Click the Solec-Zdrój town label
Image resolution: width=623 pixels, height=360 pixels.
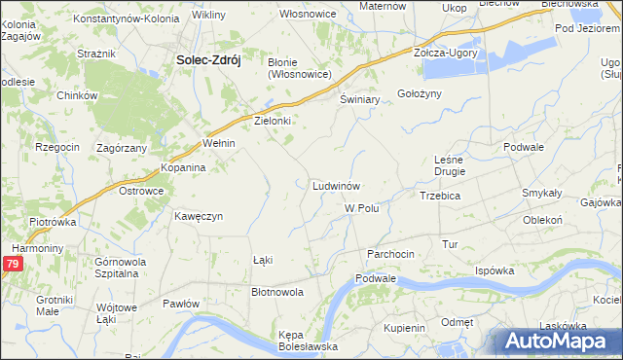point(208,59)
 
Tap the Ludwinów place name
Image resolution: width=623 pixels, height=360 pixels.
point(338,185)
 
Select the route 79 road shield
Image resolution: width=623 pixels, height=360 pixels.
point(12,264)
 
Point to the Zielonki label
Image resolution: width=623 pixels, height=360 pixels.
point(274,122)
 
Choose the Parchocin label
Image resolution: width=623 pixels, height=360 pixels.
point(390,254)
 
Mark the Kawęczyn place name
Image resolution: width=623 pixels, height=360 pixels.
point(200,216)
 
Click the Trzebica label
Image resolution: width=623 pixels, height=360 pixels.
point(447,196)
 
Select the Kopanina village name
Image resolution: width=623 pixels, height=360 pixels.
point(183,167)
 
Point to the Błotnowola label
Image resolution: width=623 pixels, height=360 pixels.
point(278,291)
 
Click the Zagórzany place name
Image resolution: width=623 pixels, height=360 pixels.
point(122,148)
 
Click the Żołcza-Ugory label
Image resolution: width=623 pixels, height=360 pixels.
point(446,53)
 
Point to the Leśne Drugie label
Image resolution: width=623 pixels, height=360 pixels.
point(450,164)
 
